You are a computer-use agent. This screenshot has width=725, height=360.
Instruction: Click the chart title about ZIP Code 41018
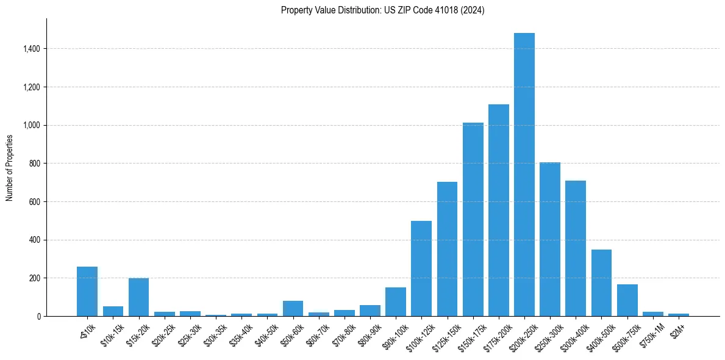[x=382, y=10]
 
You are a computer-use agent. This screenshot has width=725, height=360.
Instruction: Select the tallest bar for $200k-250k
[x=524, y=175]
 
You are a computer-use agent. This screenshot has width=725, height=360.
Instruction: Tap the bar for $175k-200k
[x=498, y=211]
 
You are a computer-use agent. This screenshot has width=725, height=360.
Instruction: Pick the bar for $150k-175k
[x=473, y=220]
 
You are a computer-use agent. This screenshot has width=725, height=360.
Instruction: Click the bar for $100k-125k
[x=421, y=268]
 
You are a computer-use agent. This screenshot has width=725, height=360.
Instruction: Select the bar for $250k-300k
[x=550, y=239]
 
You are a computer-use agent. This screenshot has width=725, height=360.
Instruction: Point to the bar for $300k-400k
[x=576, y=248]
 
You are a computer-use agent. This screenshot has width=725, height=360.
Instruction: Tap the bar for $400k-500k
[x=601, y=283]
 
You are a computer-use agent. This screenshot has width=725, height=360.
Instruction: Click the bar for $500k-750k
[x=627, y=300]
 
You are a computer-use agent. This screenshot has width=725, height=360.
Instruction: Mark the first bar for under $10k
[x=87, y=292]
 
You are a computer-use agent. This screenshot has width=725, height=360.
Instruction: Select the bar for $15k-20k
[x=138, y=297]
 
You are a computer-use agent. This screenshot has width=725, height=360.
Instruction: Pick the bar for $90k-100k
[x=396, y=302]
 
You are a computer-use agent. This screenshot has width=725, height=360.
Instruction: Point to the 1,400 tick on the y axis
[x=32, y=49]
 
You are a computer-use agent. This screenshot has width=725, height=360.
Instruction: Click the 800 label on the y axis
[x=35, y=164]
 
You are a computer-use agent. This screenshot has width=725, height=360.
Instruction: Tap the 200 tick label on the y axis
[x=35, y=278]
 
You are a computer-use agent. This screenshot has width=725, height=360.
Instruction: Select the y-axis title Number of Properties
[x=10, y=168]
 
